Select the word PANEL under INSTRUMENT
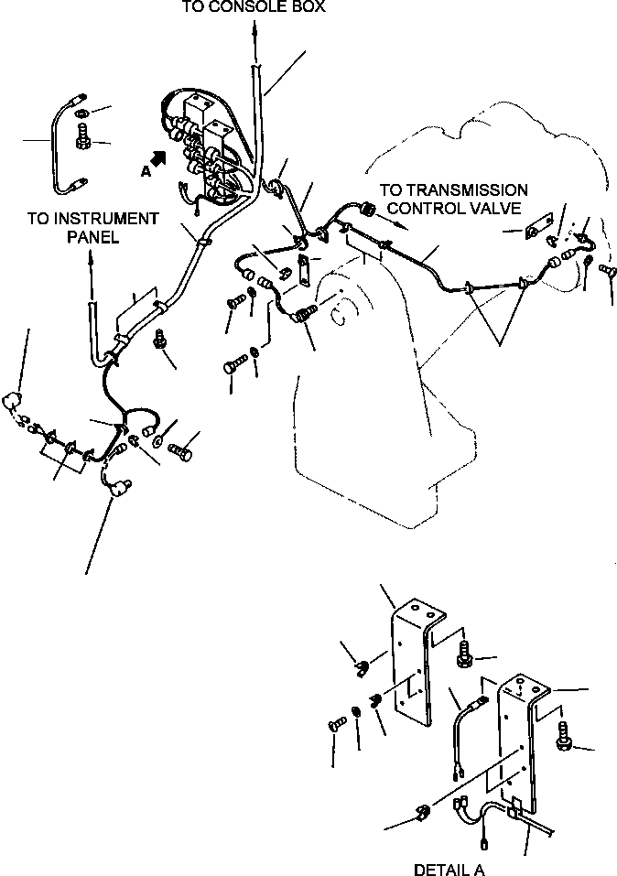[93, 237]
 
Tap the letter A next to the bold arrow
[146, 172]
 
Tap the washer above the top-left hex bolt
[81, 114]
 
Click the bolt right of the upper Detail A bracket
[464, 653]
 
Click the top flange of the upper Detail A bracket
[420, 610]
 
